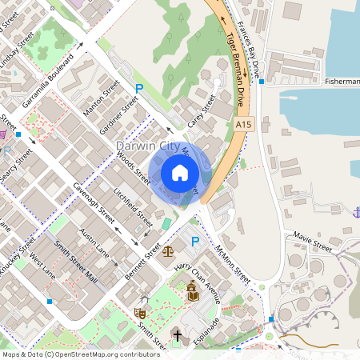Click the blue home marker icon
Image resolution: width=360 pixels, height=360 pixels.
point(180,173)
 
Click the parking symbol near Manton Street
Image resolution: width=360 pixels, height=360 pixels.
point(139,87)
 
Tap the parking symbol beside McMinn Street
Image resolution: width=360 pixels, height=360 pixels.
point(194,242)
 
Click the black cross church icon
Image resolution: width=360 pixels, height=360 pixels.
point(177,334)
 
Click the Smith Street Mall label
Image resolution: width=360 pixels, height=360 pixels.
point(75,265)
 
